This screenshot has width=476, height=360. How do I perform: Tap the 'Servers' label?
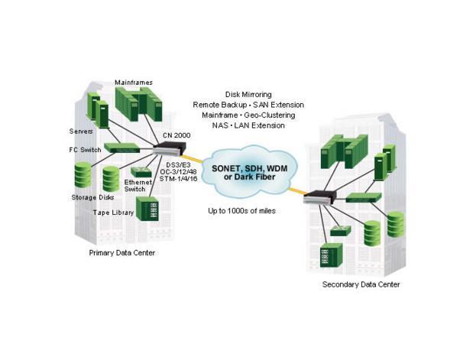click(83, 131)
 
